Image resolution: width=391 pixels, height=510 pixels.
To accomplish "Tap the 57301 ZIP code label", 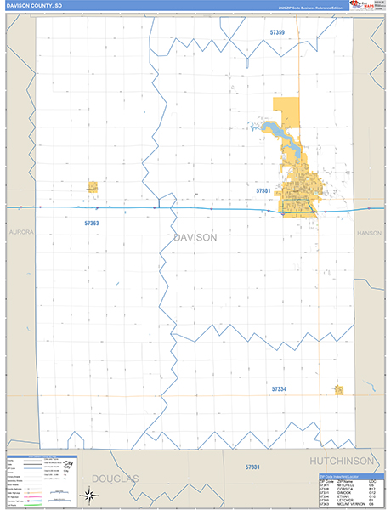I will [263, 191].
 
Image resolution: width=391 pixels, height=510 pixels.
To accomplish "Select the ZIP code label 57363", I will [92, 223].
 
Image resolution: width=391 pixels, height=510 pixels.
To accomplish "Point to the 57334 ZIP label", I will [279, 388].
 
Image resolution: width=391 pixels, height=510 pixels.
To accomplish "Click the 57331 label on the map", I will [252, 467].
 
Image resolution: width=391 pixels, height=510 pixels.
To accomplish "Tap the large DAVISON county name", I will [195, 237].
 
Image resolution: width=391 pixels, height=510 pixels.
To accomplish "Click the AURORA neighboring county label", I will [20, 231].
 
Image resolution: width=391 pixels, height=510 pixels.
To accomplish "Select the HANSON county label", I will [371, 232].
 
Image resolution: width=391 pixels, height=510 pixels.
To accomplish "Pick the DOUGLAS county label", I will [114, 479].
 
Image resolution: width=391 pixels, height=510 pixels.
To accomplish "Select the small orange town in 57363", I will [92, 186].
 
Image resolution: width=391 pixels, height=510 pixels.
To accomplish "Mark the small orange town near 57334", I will [338, 390].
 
